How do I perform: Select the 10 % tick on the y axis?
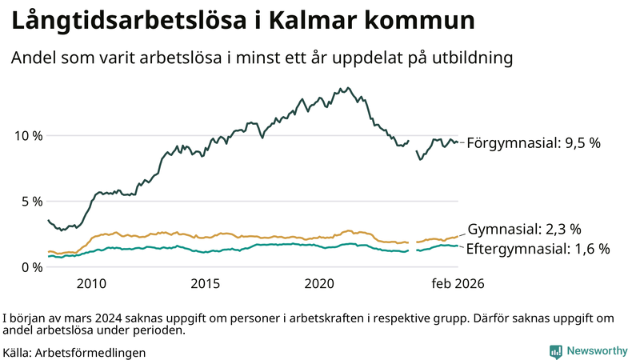click(29, 135)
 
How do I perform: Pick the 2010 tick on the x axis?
click(91, 284)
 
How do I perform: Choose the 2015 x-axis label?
click(206, 284)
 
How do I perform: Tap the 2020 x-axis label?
click(320, 284)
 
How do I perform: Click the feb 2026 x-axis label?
click(458, 284)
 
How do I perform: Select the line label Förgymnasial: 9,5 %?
click(534, 143)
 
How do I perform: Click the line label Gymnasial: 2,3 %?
click(524, 229)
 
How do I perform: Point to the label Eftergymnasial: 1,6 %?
click(538, 249)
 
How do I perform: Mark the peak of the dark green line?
click(342, 88)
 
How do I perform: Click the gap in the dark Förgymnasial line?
click(412, 144)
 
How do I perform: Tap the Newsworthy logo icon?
click(555, 351)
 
